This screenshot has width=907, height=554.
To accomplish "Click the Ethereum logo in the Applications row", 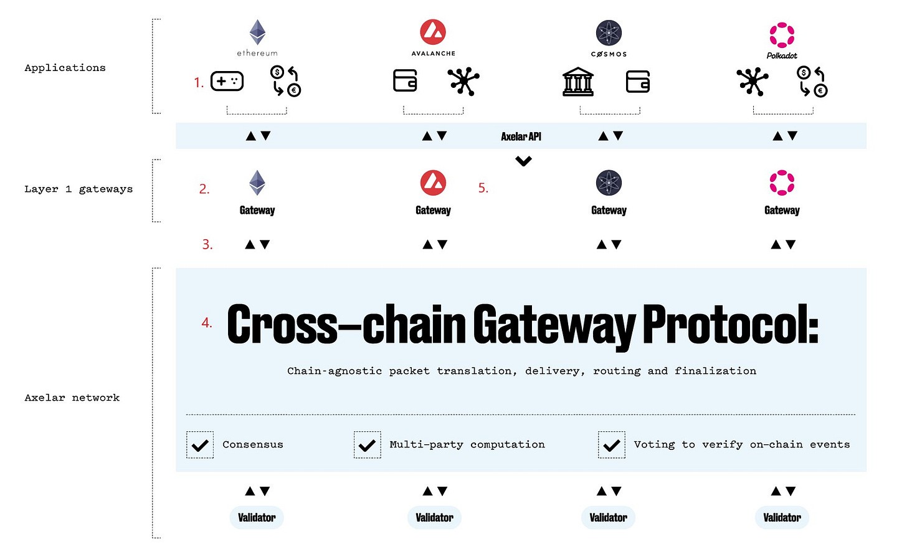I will [x=257, y=32].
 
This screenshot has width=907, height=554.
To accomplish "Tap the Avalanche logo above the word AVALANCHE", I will [x=433, y=32].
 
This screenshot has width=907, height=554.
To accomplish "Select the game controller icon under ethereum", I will [x=227, y=81].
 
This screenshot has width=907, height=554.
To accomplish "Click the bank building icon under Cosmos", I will [x=578, y=82].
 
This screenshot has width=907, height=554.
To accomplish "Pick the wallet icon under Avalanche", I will [x=405, y=81].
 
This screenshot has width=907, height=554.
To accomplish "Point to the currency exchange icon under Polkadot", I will [x=812, y=82].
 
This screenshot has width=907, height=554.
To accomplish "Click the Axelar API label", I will [x=521, y=136].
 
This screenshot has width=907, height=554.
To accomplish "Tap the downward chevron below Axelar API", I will [x=523, y=161].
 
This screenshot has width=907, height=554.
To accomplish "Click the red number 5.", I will [x=483, y=188].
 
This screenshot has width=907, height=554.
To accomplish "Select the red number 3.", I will [x=207, y=245].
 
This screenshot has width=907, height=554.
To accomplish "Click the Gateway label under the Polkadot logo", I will [x=782, y=211].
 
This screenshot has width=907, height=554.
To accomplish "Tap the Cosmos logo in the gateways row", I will [x=609, y=183].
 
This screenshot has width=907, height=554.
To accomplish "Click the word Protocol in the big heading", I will [x=730, y=324].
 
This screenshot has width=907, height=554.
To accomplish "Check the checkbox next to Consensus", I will [x=200, y=445].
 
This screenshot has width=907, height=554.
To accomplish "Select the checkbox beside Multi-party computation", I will [x=367, y=445].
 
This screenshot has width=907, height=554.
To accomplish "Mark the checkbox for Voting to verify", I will [x=611, y=445].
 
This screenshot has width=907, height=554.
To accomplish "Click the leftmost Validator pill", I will [x=257, y=518].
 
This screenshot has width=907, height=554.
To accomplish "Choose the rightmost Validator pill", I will [x=782, y=518].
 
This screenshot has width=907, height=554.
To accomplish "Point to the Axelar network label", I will [x=72, y=398].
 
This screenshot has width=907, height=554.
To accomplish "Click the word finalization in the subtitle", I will [x=715, y=371].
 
